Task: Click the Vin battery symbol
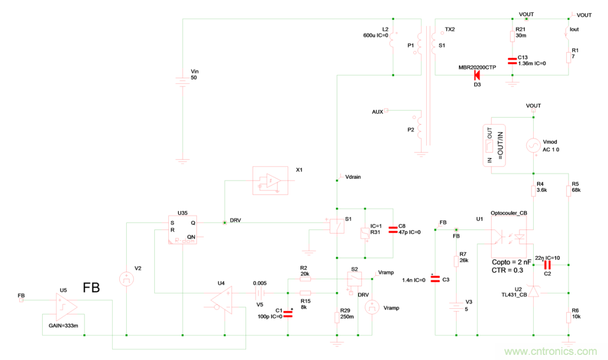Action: (x=182, y=80)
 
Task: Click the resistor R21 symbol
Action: (x=512, y=36)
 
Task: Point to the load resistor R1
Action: (x=569, y=57)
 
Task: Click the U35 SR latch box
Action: (x=183, y=229)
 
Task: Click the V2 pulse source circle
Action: (x=127, y=278)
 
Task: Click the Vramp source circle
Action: (x=372, y=307)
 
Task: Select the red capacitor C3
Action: (x=434, y=280)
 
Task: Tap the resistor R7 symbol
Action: (x=456, y=262)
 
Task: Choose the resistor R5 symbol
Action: (x=569, y=191)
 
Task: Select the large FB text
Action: (x=91, y=288)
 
